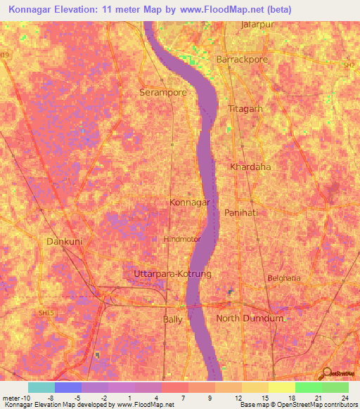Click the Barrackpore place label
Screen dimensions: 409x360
(243, 60)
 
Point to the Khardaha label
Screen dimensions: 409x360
(250, 167)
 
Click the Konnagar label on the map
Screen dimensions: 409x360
(190, 202)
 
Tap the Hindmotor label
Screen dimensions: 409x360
(182, 239)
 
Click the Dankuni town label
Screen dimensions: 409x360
(64, 241)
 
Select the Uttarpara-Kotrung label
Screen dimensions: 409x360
(172, 273)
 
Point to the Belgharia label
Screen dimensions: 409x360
(284, 278)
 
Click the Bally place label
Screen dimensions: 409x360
(172, 319)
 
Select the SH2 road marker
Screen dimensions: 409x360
(349, 65)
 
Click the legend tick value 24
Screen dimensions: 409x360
(343, 398)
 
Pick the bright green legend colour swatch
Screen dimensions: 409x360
(308, 387)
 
